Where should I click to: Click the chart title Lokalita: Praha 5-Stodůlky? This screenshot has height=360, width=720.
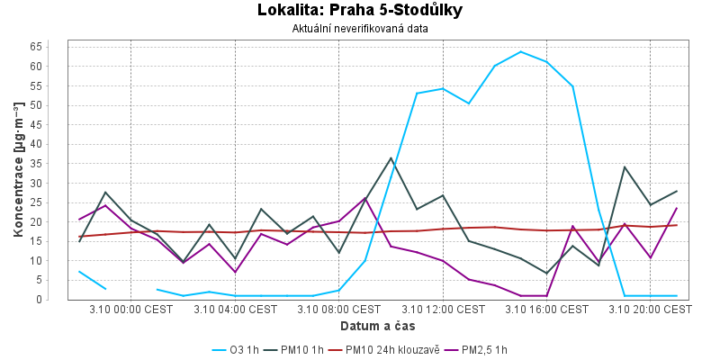pyautogui.click(x=360, y=11)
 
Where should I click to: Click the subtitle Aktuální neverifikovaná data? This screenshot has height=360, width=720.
pyautogui.click(x=360, y=28)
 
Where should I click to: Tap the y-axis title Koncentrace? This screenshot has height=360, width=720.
pyautogui.click(x=18, y=171)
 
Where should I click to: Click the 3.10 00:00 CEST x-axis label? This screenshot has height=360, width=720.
pyautogui.click(x=131, y=309)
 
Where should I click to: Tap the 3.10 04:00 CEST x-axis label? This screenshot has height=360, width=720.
pyautogui.click(x=236, y=309)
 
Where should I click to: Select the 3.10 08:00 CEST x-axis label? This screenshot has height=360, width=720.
pyautogui.click(x=339, y=309)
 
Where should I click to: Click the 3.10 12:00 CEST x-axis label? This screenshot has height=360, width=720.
pyautogui.click(x=443, y=309)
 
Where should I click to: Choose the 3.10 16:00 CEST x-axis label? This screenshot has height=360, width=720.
pyautogui.click(x=546, y=309)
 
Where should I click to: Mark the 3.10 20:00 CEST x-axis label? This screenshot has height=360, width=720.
pyautogui.click(x=650, y=309)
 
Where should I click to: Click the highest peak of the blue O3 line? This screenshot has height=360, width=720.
pyautogui.click(x=521, y=51)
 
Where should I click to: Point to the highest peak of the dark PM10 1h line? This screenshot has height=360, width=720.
pyautogui.click(x=391, y=158)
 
